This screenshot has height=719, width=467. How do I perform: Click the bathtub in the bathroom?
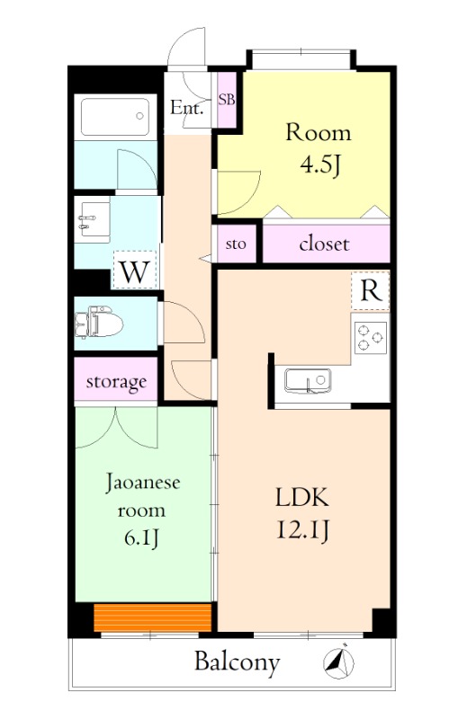coord(114,116)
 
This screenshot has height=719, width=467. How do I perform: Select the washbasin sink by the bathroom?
coord(92,217)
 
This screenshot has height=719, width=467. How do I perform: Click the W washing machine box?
coord(133,270)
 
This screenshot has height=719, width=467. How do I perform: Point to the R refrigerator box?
coord(369,289)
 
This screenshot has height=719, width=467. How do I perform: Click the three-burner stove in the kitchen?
coord(370,335)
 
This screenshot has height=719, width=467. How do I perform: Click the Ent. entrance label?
coord(187,109)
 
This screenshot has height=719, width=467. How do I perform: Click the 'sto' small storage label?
coord(236,244)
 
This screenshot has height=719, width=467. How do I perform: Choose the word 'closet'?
coord(324,244)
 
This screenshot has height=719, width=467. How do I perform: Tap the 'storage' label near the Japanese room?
coord(116,382)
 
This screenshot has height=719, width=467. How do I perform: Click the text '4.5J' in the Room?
coord(319,166)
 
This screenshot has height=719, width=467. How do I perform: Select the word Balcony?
coord(237,662)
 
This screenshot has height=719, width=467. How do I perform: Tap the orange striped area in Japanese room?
coord(152,617)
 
